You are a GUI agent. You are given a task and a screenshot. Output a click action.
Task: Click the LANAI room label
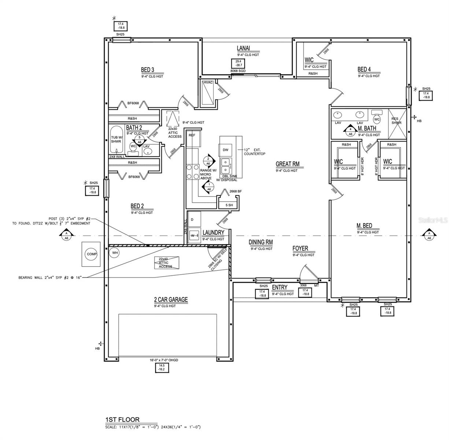[x=243, y=48]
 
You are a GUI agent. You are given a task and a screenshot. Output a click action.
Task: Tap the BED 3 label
[x=147, y=70]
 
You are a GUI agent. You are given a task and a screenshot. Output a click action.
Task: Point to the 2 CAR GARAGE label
[x=171, y=300]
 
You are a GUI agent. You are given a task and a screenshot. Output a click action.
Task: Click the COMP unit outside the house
[x=90, y=254]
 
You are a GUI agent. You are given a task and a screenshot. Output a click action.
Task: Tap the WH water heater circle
[x=114, y=252]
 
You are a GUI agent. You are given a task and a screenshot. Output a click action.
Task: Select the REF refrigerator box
[x=192, y=135]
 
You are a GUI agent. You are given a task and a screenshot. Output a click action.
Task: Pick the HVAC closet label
[x=208, y=82]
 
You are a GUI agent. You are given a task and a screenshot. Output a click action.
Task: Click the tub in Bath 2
[x=116, y=140]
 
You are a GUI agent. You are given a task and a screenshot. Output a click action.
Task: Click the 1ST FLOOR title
[x=122, y=419]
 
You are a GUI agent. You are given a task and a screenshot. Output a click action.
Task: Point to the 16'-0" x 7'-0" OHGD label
[x=164, y=360]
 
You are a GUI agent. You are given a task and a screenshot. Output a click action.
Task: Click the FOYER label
[x=300, y=248]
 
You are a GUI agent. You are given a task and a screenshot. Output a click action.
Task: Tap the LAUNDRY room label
[x=213, y=232]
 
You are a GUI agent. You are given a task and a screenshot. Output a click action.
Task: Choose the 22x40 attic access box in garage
[x=166, y=263]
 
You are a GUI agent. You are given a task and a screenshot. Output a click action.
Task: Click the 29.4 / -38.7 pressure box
[x=237, y=63]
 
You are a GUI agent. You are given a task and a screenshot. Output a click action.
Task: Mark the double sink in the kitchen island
[x=226, y=165]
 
